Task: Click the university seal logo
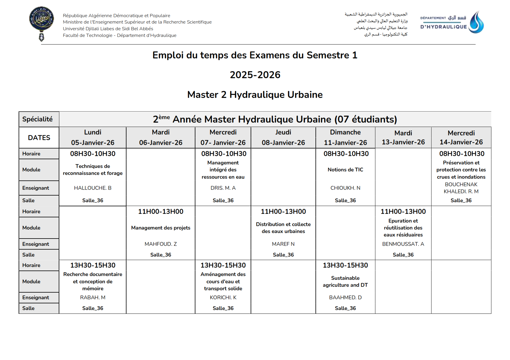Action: coord(42,23)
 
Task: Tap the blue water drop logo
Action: coord(476,23)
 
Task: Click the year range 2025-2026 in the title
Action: coord(255,75)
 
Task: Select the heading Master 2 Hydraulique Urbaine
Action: coord(255,95)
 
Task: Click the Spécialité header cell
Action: coord(38,119)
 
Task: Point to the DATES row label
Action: coord(39,138)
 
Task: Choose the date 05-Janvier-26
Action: coord(93,143)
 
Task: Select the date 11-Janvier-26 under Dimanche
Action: coord(345,143)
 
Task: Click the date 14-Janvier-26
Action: coord(461,142)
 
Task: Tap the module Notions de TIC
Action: coord(345,170)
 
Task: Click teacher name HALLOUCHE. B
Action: coord(93,188)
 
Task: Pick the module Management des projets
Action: coord(161,228)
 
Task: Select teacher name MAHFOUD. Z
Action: coord(161,244)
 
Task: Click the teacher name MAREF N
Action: coord(283,244)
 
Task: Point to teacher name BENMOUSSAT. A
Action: coord(403,244)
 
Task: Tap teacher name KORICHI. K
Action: coord(223,298)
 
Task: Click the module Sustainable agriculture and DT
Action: coord(345,282)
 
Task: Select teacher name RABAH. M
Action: coord(93,298)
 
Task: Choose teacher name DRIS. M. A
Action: coord(223,188)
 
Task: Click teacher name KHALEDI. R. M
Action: coord(461,191)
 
